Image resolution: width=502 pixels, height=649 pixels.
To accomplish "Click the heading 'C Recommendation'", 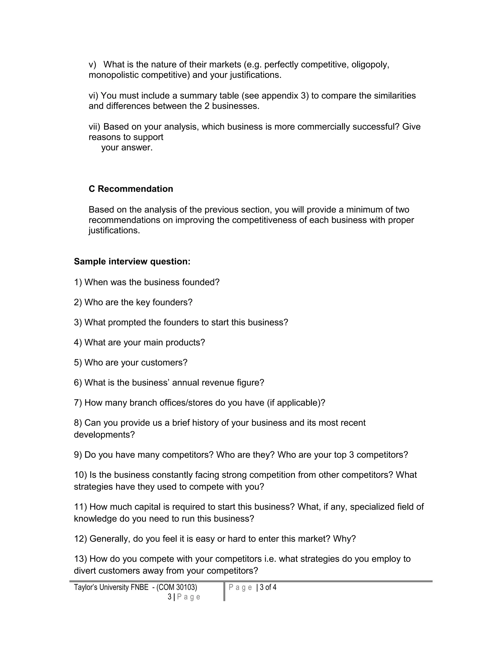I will point(131,189).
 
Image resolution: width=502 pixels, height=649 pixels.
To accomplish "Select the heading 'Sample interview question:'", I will point(132,262).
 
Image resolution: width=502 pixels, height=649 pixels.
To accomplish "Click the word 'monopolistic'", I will point(113,75).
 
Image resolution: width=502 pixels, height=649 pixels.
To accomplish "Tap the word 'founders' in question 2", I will point(172,302).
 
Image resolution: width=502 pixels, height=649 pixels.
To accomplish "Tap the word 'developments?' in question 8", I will point(104,435).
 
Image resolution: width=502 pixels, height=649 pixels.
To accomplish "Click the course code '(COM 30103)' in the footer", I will point(177,588).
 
